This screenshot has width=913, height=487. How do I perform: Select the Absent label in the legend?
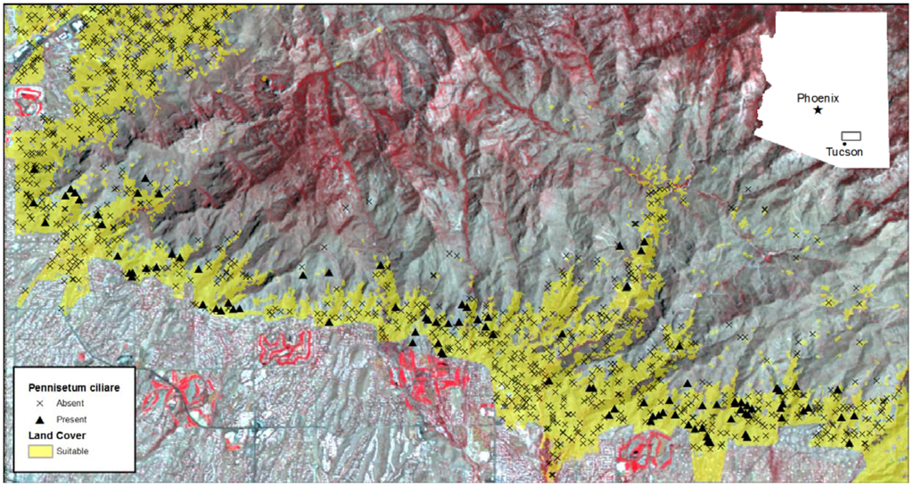70,403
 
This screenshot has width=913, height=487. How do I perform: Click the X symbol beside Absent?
39,403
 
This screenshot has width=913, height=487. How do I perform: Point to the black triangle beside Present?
39,419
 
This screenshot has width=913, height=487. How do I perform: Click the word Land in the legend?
40,435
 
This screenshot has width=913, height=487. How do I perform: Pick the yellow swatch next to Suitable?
40,451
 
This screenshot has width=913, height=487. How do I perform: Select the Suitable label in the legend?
72,451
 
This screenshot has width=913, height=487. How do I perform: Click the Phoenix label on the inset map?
818,98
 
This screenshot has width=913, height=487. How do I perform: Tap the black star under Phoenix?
818,110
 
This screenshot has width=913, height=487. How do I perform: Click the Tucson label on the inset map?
843,153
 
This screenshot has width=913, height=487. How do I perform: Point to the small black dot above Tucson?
843,144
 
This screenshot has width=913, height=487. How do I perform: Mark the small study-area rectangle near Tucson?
851,136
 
